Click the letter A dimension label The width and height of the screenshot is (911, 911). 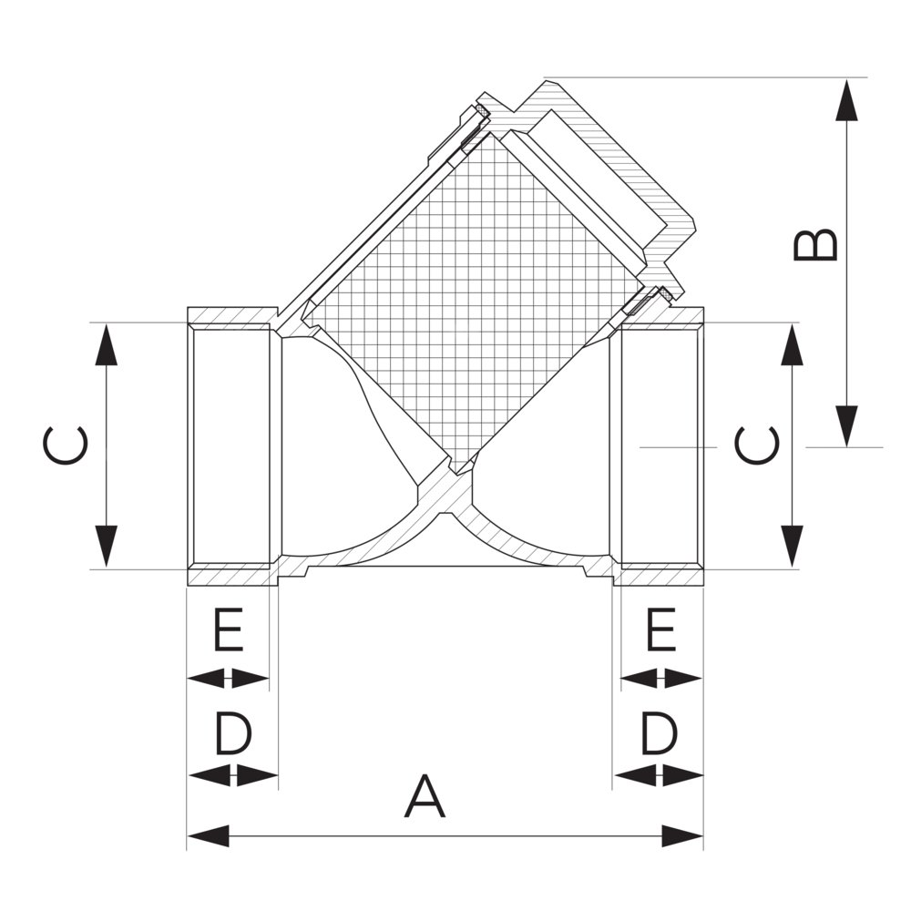coord(425,795)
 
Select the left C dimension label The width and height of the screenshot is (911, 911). coord(66,446)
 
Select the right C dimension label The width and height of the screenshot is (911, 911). coord(756,445)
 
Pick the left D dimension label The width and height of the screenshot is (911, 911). coord(233,733)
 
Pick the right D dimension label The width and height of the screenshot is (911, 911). coord(660,733)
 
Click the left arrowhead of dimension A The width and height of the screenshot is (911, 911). coord(208,836)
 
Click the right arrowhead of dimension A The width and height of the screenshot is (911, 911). coord(682,836)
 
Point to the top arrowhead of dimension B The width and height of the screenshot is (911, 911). coord(846,99)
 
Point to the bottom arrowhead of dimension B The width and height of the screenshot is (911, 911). coord(846,425)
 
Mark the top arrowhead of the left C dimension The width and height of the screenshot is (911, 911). coord(106,344)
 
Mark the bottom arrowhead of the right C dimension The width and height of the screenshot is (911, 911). coord(792,547)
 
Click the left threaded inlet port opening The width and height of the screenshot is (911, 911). coord(231,445)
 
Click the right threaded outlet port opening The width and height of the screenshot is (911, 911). coord(660,445)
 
